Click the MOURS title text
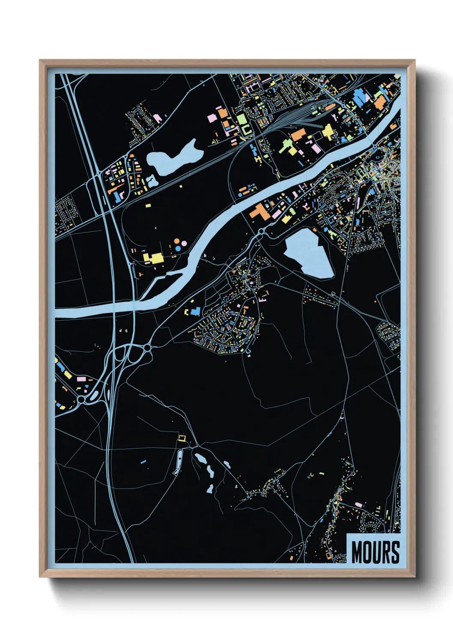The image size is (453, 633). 376,552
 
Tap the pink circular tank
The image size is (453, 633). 184,243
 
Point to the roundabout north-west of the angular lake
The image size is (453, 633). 261,231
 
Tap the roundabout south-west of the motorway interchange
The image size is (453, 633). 81,399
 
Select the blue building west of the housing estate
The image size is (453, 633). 196,311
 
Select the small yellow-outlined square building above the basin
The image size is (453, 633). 182,438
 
